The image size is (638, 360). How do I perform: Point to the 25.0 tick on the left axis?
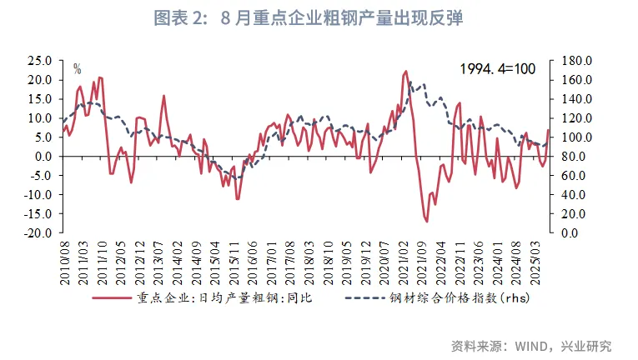(x=38, y=61)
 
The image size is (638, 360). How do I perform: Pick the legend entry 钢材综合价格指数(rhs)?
(x=461, y=297)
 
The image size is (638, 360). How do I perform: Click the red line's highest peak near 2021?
(x=405, y=72)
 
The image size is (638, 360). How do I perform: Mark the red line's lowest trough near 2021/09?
(x=426, y=221)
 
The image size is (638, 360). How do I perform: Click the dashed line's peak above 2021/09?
(x=423, y=83)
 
